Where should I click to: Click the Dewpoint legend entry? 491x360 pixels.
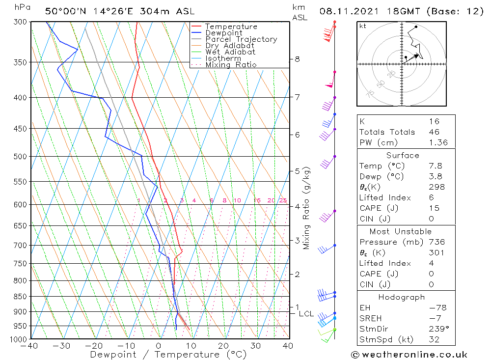tap(223, 33)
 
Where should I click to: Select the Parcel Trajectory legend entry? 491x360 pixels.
tap(241, 39)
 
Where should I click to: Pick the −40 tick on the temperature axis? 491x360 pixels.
tap(30, 346)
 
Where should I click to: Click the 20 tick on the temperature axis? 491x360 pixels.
tap(223, 346)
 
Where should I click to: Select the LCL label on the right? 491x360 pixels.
tap(306, 314)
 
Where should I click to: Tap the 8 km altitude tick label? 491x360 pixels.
tap(297, 59)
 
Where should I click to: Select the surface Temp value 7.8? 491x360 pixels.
tap(434, 166)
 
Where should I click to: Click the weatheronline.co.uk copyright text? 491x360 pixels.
tap(409, 355)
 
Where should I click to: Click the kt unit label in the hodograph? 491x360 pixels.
tap(363, 26)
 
